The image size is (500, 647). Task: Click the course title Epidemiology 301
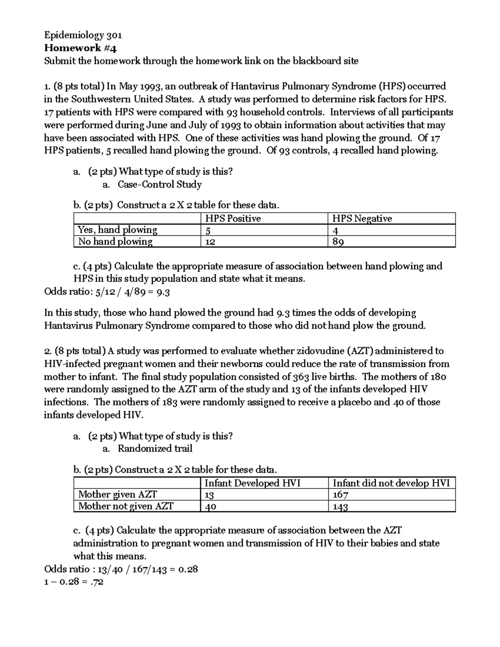83,35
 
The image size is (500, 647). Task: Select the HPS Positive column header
233,219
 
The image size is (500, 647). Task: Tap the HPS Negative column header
362,219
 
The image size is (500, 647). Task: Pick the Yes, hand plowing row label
117,230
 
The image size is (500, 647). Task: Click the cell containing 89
338,242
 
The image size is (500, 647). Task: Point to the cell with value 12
210,242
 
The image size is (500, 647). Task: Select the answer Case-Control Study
160,185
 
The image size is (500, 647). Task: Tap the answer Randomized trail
155,449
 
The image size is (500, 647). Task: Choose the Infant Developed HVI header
252,483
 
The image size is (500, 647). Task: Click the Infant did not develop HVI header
391,483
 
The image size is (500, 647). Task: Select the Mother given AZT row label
117,495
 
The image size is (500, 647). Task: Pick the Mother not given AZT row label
126,506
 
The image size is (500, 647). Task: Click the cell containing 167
340,495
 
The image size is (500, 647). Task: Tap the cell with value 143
340,507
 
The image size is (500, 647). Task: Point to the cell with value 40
210,507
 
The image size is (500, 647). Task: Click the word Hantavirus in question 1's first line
255,87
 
